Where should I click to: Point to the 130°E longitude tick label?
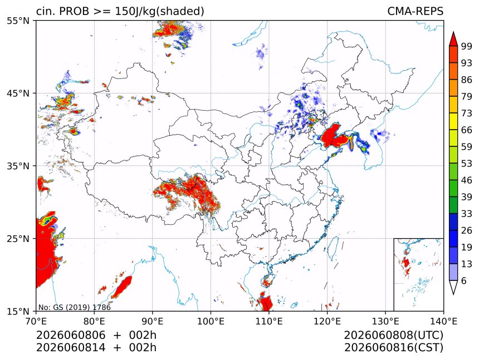(385, 322)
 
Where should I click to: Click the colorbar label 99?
(467, 46)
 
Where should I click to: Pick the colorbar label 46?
(467, 180)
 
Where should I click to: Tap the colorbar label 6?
(464, 280)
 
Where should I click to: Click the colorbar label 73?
(467, 114)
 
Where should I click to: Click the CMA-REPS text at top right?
(415, 11)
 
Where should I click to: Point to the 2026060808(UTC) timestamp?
(393, 335)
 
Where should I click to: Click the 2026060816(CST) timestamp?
(393, 348)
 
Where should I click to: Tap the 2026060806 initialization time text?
(71, 335)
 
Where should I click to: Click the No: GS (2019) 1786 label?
(75, 307)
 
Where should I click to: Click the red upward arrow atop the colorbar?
(453, 39)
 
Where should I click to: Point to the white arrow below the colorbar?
(453, 288)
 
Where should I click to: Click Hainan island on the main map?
(266, 280)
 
